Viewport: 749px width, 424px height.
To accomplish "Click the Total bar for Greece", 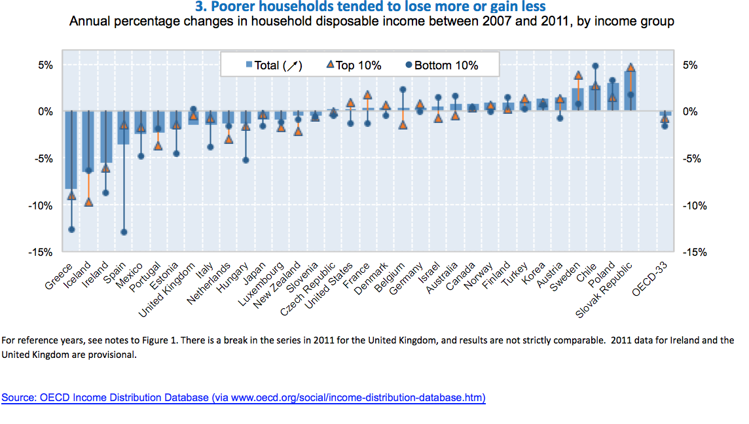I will pos(71,150).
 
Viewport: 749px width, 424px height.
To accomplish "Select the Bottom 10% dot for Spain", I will pos(123,232).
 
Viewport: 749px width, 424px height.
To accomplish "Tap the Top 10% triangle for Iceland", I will pos(88,202).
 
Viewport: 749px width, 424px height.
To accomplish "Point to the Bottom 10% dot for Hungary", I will pos(246,160).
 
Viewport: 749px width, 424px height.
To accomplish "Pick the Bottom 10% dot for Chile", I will pos(595,66).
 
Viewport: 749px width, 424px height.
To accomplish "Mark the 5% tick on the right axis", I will pos(691,65).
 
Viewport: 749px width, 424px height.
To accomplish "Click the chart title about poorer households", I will pos(371,7).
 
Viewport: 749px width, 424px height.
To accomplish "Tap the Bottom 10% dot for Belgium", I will pos(403,90).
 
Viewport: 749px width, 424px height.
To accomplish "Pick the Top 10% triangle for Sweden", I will pos(578,75).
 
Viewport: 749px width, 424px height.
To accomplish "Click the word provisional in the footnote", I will pos(115,355).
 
